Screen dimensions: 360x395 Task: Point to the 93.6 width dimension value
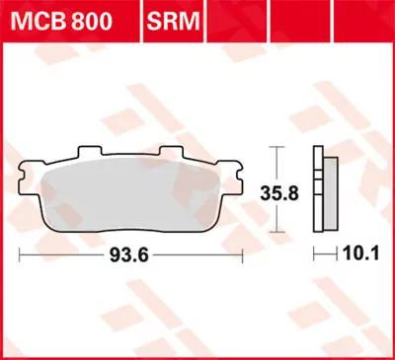(x=130, y=254)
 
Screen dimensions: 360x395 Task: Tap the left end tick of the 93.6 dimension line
(x=21, y=254)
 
